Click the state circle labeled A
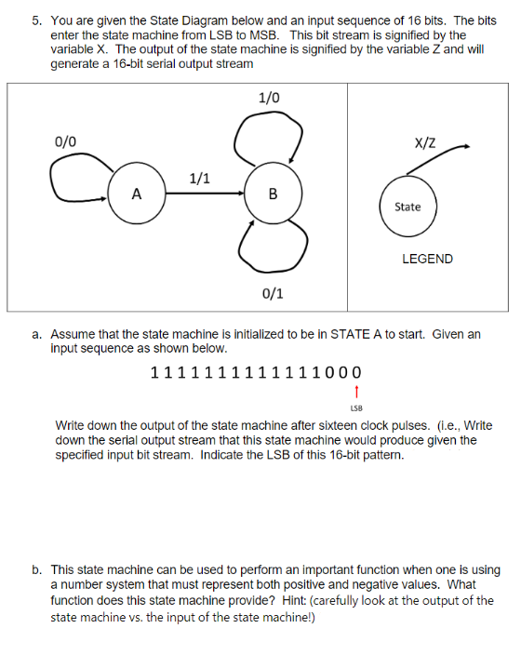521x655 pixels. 137,194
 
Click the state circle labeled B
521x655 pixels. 272,194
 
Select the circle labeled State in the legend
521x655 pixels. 407,207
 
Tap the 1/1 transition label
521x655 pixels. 199,178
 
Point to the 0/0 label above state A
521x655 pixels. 66,142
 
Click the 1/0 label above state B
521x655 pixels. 268,98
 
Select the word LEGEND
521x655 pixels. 427,259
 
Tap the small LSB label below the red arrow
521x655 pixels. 357,408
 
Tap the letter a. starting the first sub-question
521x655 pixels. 38,333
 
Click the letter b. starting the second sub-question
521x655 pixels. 38,569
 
